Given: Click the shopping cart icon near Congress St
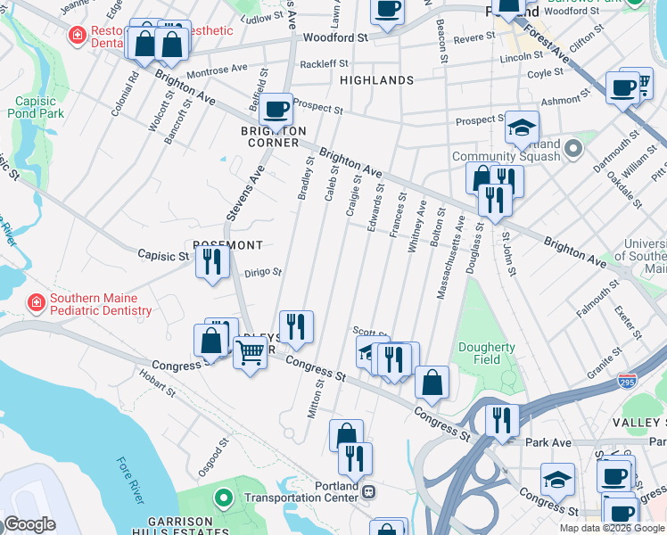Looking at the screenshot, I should (x=250, y=354).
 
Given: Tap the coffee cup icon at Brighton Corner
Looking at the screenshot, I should (x=276, y=109).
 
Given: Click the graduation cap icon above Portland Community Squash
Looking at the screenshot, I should (x=522, y=127).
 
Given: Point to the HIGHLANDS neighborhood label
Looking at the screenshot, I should (x=376, y=80).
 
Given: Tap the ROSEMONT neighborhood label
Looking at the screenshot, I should (x=227, y=245).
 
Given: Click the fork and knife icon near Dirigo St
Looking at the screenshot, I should (x=212, y=261).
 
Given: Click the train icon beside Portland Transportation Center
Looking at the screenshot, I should (x=367, y=491).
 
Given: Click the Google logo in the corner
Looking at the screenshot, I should (x=30, y=524).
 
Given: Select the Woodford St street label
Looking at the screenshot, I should (x=335, y=38).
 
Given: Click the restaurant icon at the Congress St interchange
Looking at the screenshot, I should (x=502, y=421).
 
